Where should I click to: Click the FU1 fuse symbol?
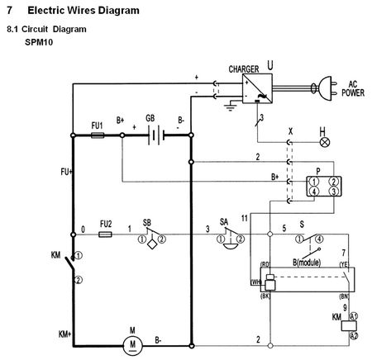[97, 137]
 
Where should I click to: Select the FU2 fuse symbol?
[105, 234]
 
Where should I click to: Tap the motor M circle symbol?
[131, 340]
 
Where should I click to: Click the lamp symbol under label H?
[325, 141]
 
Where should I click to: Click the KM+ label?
[64, 334]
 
